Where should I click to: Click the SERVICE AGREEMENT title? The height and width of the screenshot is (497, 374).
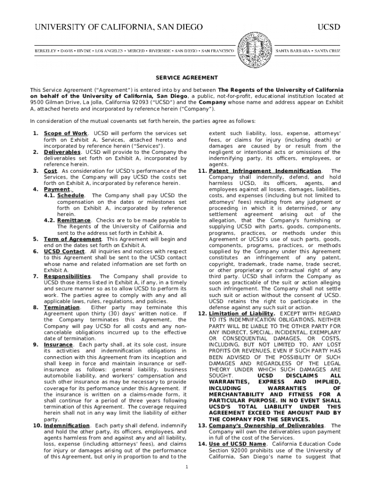[x=187, y=78]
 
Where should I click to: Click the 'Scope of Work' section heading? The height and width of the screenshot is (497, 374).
[x=66, y=133]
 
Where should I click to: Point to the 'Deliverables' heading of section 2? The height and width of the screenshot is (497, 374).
[x=62, y=152]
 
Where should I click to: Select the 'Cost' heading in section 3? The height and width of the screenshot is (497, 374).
[x=51, y=171]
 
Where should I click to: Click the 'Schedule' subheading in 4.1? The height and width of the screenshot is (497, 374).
[x=70, y=196]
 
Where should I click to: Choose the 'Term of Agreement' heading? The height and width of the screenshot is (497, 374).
[x=72, y=239]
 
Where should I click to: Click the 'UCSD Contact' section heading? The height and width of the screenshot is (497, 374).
[x=64, y=251]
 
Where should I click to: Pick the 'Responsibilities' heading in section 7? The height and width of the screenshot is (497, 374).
[x=67, y=276]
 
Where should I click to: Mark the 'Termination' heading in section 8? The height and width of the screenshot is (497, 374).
[x=62, y=307]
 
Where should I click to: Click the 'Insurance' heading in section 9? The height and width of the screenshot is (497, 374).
[x=58, y=345]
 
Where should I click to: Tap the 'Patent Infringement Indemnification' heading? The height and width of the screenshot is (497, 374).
[x=265, y=171]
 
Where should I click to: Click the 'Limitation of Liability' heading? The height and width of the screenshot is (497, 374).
[x=241, y=314]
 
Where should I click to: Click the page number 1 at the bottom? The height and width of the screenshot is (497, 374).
[x=187, y=467]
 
